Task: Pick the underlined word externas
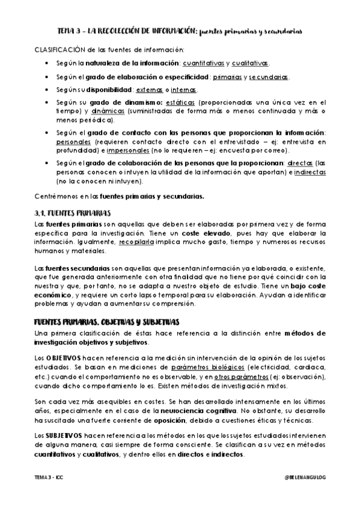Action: (149, 90)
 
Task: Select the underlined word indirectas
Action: (310, 172)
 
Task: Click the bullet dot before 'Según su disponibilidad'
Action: (47, 90)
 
